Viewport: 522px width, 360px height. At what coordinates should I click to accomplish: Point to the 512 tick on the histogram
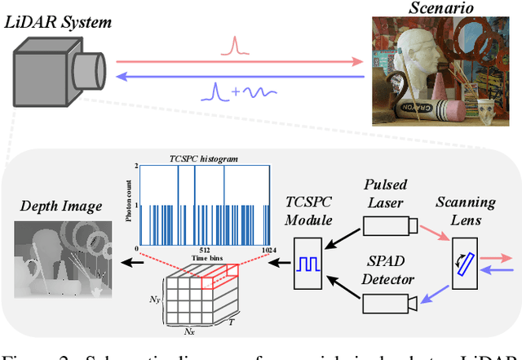(201, 250)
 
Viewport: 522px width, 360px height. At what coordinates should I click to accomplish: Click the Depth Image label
(61, 206)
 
